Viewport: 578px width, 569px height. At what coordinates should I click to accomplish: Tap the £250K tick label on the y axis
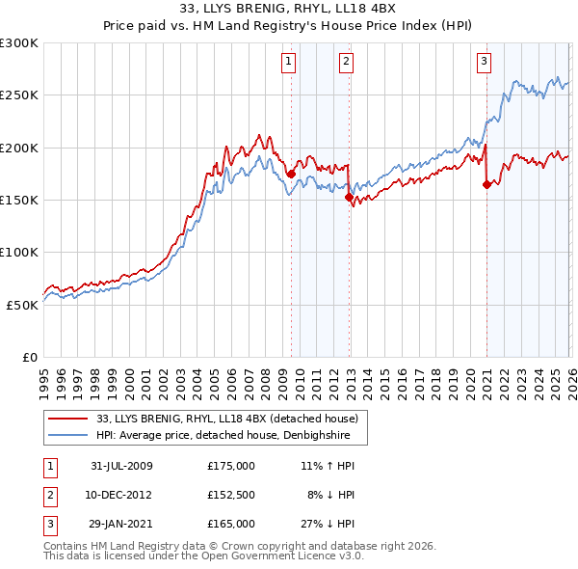pos(20,95)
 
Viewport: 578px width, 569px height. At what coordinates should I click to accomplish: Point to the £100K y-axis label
pos(20,252)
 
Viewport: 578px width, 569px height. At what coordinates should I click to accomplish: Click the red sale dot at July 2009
pos(291,175)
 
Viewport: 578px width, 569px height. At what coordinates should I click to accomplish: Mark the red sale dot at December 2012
pos(349,198)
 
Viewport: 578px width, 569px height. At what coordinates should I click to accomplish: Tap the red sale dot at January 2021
pos(486,185)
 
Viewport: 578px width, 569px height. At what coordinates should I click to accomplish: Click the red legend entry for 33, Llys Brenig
pos(226,419)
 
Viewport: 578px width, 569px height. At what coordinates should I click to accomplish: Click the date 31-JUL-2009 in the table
pos(121,466)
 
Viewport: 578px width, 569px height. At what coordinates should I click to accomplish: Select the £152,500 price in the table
pos(231,495)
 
